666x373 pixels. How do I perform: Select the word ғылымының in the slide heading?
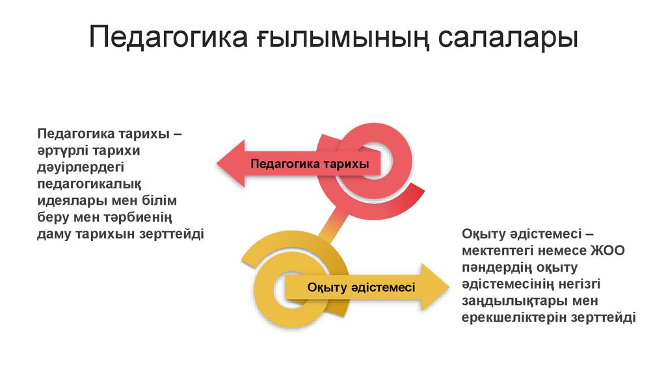point(338,39)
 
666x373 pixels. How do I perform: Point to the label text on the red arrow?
point(310,164)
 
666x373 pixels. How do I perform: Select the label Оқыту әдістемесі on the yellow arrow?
point(361,287)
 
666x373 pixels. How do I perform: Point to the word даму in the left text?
point(53,233)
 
